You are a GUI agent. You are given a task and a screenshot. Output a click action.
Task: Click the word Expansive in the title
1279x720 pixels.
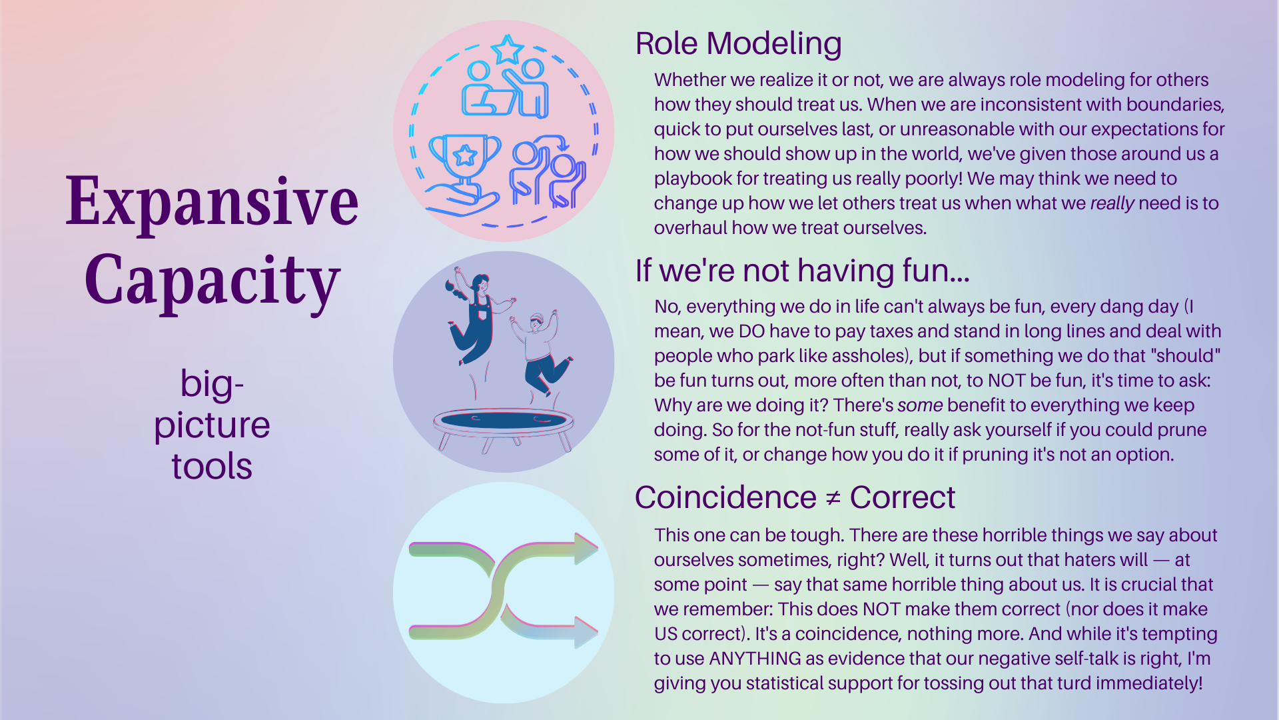click(x=212, y=201)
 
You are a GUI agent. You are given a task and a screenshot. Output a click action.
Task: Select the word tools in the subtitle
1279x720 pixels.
click(x=212, y=465)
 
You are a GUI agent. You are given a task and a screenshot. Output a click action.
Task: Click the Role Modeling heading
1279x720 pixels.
click(x=738, y=44)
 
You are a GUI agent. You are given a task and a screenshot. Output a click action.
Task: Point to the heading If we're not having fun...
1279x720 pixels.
click(x=802, y=271)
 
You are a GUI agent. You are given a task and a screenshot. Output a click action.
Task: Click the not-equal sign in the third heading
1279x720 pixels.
click(x=833, y=498)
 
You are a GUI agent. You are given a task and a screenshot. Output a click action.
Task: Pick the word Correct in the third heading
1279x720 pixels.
click(x=902, y=497)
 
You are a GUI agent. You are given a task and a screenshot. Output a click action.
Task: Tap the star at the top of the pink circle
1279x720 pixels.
click(x=507, y=49)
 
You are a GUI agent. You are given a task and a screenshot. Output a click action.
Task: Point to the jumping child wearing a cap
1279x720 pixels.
click(x=540, y=351)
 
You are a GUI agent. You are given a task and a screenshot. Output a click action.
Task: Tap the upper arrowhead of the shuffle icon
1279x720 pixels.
click(x=586, y=549)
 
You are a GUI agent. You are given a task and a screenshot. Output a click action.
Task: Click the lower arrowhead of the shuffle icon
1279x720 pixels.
click(x=586, y=632)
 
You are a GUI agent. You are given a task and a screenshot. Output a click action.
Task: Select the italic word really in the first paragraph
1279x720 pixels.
click(x=1112, y=203)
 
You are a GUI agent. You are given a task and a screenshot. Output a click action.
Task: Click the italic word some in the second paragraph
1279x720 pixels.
click(x=920, y=405)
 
